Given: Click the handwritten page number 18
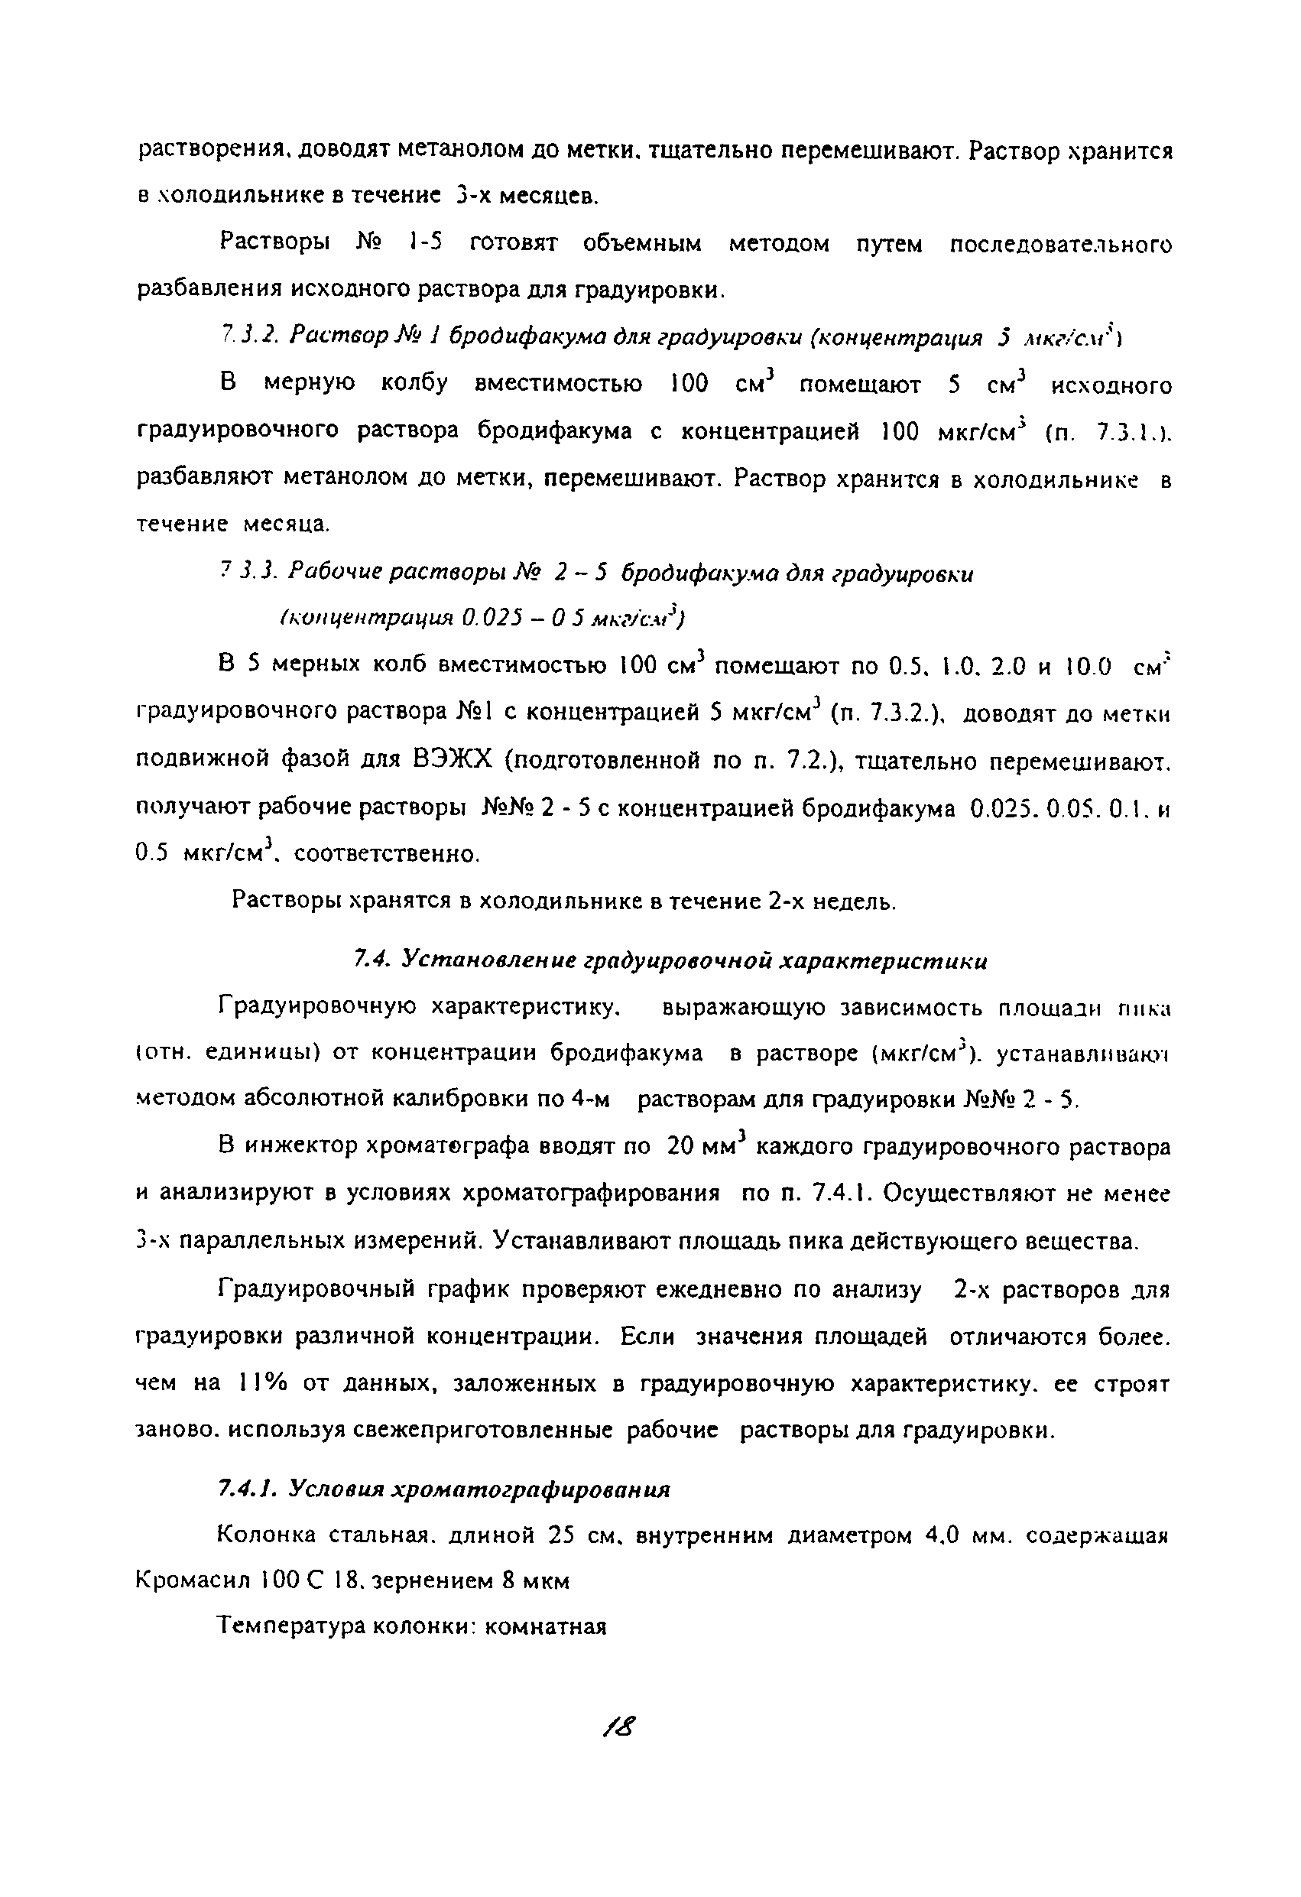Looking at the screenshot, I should tap(619, 1727).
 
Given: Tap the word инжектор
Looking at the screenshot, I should tap(300, 1147).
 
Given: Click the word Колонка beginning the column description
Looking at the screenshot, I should tap(266, 1535).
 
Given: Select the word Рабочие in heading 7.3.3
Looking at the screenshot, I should tap(336, 573).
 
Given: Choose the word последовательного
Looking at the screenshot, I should tap(1060, 244).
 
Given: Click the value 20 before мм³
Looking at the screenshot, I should tap(679, 1147).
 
